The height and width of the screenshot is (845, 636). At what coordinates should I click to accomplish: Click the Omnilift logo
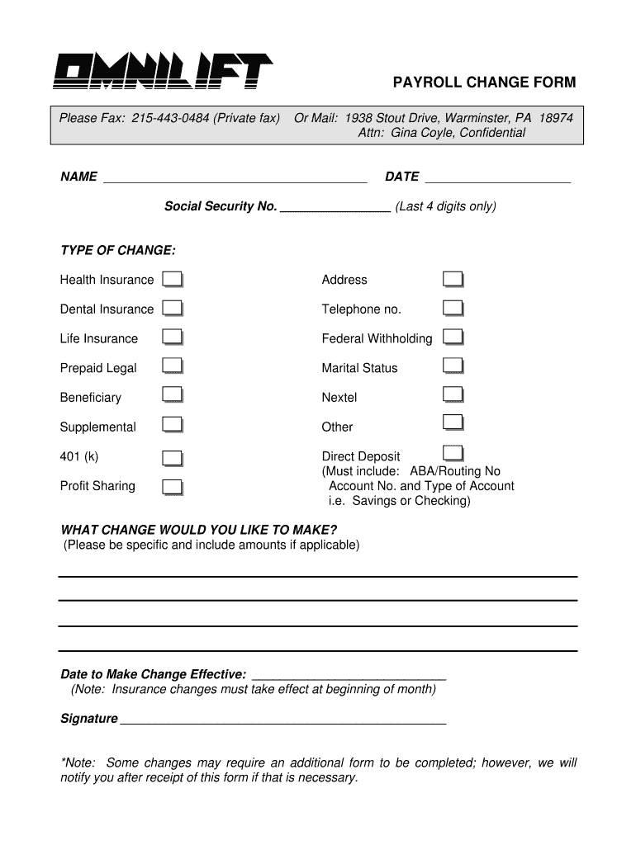[163, 72]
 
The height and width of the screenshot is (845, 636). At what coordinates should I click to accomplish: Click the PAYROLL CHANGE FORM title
[484, 83]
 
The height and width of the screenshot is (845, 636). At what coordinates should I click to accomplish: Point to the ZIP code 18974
[556, 118]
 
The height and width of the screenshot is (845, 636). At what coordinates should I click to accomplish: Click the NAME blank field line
[235, 177]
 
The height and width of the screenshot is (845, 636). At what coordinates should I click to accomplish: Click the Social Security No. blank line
[335, 206]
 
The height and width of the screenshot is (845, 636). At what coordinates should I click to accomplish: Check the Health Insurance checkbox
[172, 279]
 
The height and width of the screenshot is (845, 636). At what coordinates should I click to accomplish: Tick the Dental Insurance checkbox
[172, 309]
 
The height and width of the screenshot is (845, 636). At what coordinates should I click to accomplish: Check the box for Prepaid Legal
[172, 366]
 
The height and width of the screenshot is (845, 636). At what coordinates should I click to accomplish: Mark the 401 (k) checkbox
[172, 458]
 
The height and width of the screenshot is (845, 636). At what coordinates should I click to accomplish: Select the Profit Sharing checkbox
[172, 487]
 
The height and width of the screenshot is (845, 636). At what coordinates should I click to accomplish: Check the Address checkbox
[453, 279]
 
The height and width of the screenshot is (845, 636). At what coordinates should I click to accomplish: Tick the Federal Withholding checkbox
[453, 337]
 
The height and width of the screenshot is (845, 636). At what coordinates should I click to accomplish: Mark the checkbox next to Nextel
[453, 395]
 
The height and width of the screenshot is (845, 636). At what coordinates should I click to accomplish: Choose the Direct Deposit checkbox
[453, 453]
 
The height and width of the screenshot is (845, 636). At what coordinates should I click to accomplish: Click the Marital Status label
[359, 368]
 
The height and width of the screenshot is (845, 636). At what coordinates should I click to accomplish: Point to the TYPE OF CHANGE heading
[117, 250]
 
